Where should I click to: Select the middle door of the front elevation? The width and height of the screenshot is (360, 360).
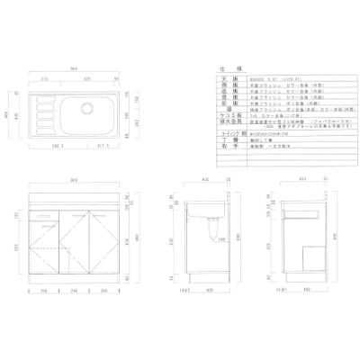point(74,243)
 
